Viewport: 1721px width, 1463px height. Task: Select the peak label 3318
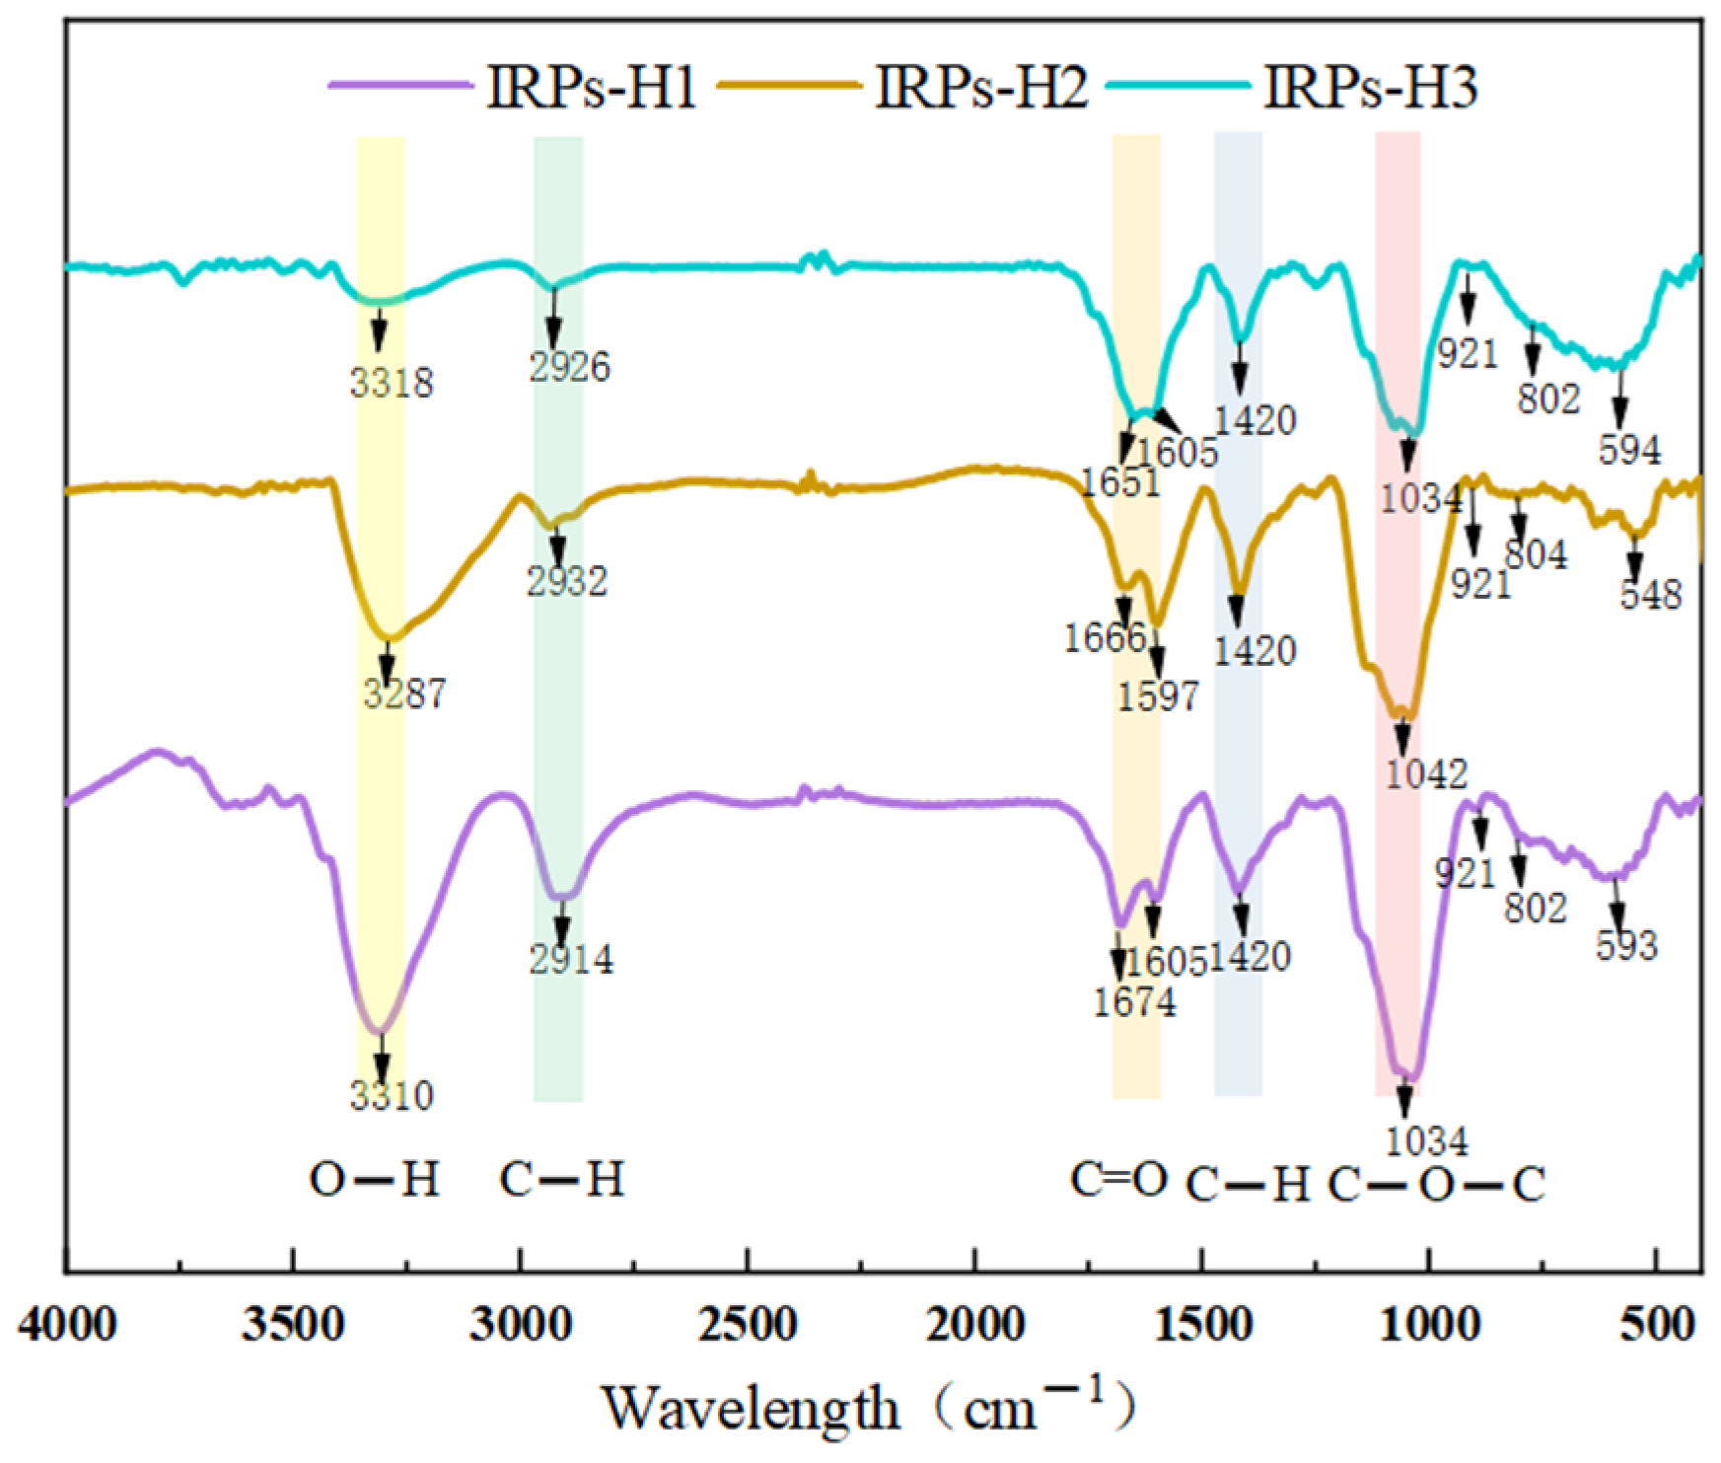pos(392,383)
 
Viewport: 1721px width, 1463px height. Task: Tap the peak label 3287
pos(404,695)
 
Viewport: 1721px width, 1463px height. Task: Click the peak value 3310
pos(392,1095)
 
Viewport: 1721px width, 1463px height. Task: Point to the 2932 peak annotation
pos(566,581)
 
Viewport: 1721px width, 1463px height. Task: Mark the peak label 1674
pos(1134,1002)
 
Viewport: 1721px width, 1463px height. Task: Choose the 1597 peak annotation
pos(1158,696)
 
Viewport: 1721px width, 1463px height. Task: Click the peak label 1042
pos(1426,773)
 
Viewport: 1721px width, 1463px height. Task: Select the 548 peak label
pos(1650,595)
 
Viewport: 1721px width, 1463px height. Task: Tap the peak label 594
pos(1629,451)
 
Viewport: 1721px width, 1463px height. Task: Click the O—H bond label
pos(374,1179)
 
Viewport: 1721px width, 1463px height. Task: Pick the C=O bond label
pos(1119,1179)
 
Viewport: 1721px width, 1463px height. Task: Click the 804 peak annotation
pos(1536,554)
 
